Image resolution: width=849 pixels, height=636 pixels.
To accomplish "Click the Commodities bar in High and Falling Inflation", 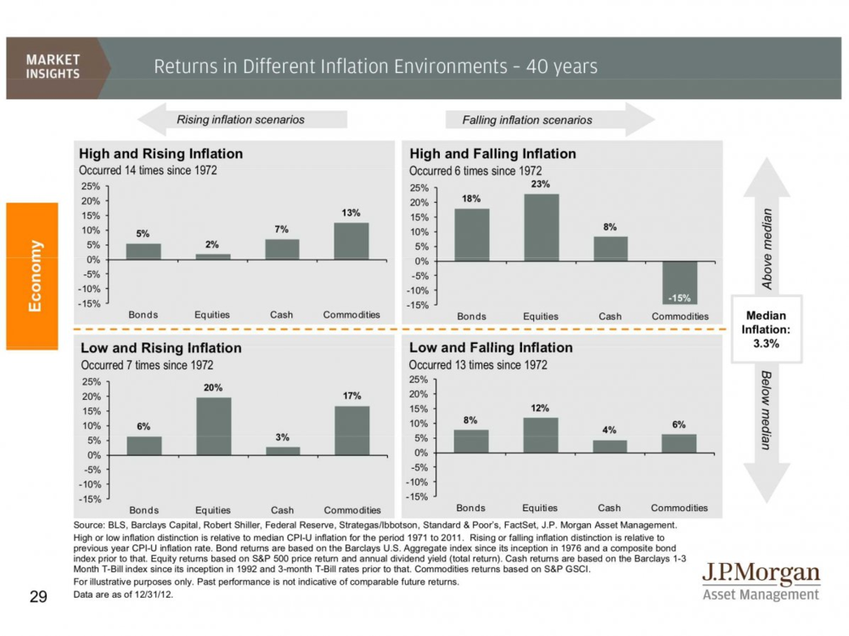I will tap(680, 282).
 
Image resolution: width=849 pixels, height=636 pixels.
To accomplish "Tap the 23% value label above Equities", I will tap(541, 184).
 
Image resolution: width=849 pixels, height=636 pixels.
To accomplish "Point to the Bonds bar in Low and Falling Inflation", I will tap(471, 441).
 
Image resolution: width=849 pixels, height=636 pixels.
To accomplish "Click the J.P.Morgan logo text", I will tap(761, 574).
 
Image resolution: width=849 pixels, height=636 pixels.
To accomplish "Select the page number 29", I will tap(37, 597).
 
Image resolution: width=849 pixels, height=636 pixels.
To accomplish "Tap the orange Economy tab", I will tap(32, 276).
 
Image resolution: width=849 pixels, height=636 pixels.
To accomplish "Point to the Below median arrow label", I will tap(767, 410).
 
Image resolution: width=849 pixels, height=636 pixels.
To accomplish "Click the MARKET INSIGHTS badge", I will tap(53, 66).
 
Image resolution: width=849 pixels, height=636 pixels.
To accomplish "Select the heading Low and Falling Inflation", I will tap(491, 347).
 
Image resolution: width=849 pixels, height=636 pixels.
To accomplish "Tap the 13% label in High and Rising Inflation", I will tap(351, 213).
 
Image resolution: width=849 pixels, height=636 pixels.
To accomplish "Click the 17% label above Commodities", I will tap(352, 396).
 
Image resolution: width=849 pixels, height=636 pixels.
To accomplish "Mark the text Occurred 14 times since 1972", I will tap(148, 170).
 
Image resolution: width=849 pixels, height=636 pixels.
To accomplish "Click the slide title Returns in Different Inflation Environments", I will tap(375, 66).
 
